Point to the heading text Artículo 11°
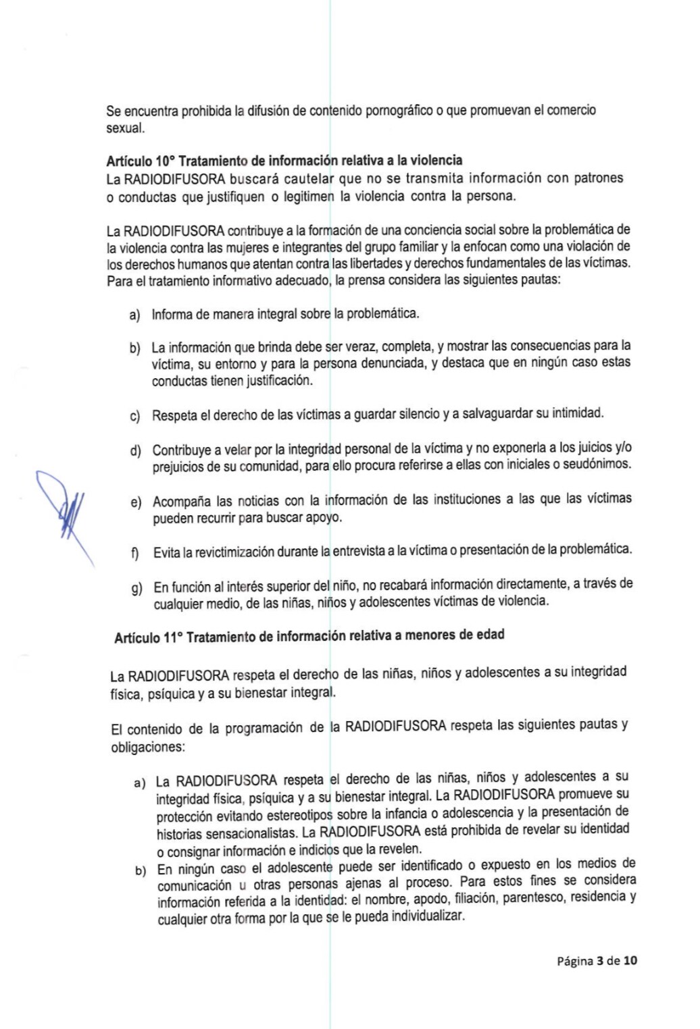pos(148,637)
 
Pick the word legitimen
pos(308,196)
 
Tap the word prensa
pos(368,280)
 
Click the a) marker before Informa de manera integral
pos(134,315)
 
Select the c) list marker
pos(134,416)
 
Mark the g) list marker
pos(136,589)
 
